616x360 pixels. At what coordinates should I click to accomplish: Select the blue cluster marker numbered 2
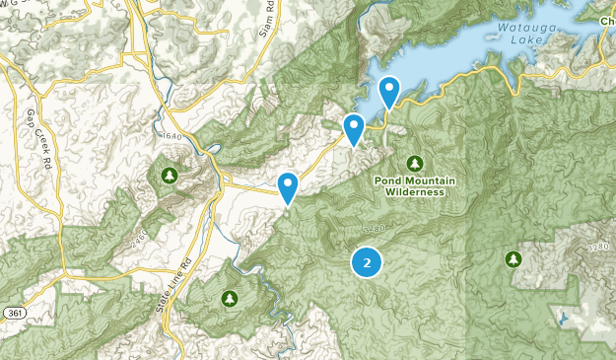(x=367, y=262)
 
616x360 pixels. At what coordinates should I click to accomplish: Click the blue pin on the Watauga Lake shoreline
(x=390, y=93)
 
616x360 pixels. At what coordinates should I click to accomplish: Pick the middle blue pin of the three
(x=354, y=128)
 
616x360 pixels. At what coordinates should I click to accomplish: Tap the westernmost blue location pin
(x=288, y=186)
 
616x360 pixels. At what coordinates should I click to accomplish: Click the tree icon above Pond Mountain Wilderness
(x=414, y=163)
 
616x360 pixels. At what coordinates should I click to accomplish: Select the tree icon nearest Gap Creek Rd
(x=170, y=176)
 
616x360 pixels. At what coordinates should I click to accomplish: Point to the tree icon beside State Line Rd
(x=230, y=297)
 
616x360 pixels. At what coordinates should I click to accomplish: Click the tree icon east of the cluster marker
(x=513, y=258)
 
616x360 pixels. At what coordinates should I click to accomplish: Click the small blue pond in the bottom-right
(x=561, y=319)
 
